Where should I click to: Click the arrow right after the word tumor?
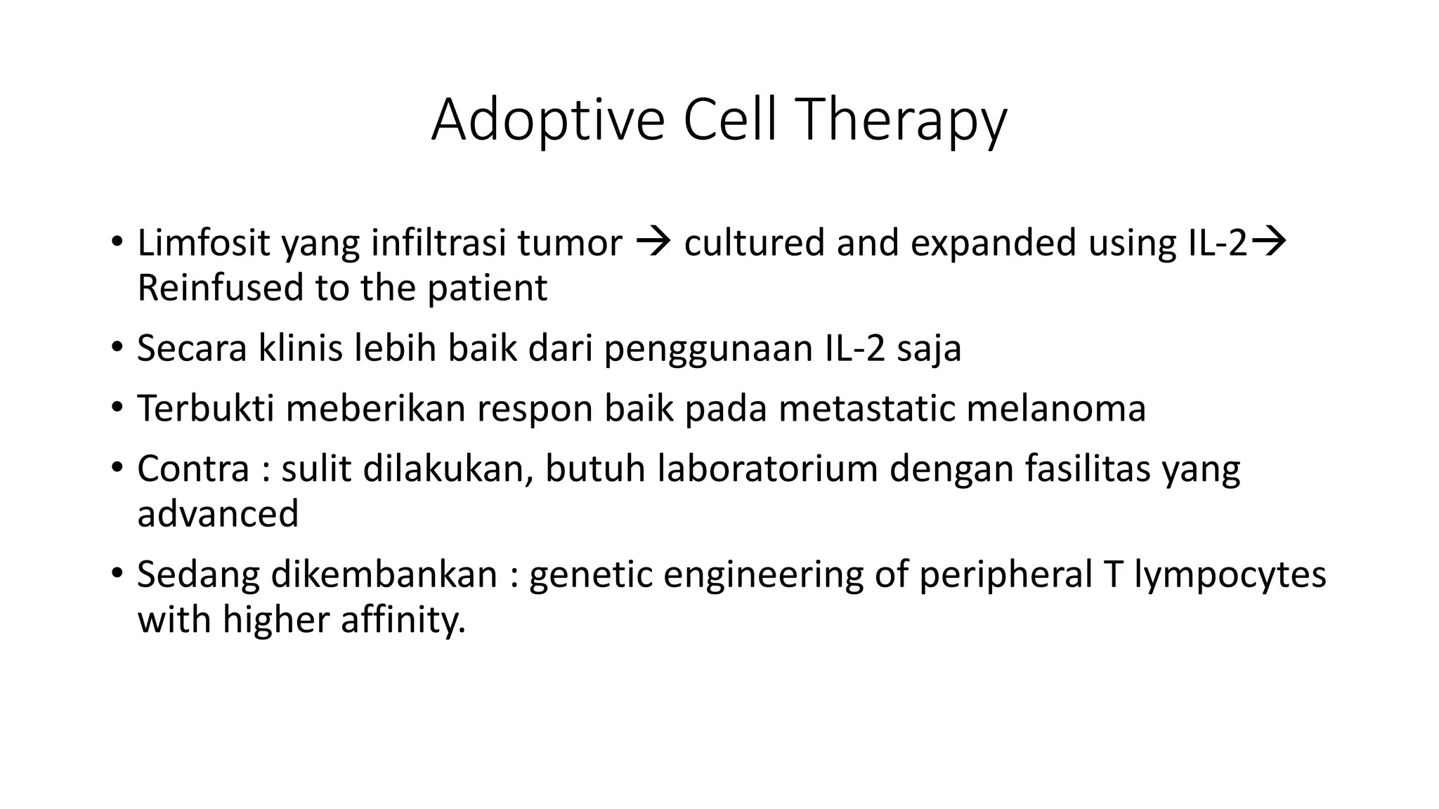[653, 243]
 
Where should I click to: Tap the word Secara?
[191, 348]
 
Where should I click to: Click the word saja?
[928, 348]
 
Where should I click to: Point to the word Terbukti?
[205, 409]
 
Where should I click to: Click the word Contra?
[193, 469]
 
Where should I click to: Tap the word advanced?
[218, 514]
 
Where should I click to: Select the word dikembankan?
[384, 574]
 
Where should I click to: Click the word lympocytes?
[1230, 574]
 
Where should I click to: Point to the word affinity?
[403, 620]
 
